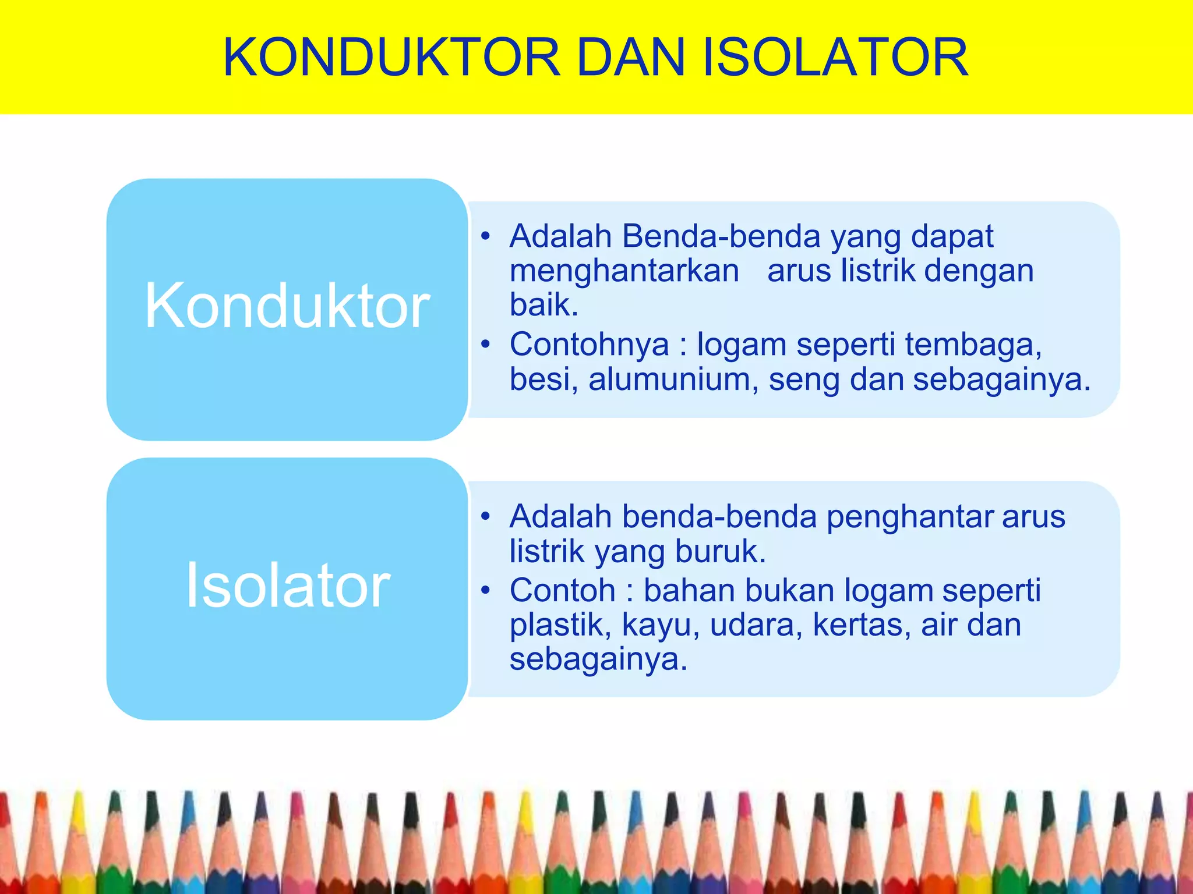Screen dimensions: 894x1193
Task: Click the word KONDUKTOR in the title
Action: [391, 58]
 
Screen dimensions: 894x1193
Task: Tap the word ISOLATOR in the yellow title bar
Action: [835, 58]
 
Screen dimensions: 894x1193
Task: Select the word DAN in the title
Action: [631, 58]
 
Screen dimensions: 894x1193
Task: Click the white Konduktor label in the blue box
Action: [287, 306]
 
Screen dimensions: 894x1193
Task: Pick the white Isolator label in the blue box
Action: [287, 585]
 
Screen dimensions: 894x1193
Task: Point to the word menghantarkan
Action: [624, 271]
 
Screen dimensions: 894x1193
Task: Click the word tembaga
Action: [973, 345]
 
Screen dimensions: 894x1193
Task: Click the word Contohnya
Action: [590, 345]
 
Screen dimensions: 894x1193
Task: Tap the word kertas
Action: [862, 625]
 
